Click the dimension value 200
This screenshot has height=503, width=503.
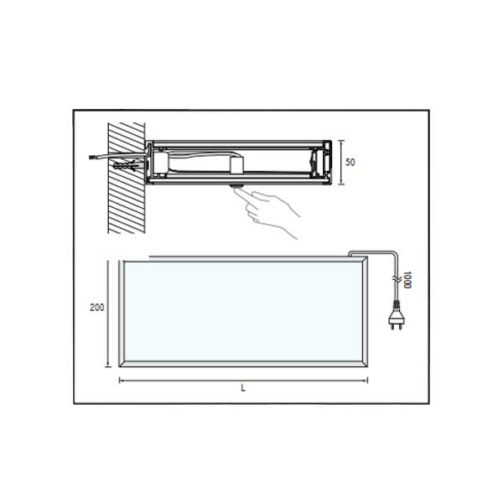pos(96,308)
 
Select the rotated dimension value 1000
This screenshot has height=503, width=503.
pos(407,278)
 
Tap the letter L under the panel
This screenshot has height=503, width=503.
pos(243,388)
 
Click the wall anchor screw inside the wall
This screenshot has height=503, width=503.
pos(126,167)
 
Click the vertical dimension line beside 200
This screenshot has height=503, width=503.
pos(108,314)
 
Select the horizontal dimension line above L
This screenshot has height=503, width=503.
pos(243,380)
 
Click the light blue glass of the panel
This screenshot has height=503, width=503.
pos(243,310)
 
